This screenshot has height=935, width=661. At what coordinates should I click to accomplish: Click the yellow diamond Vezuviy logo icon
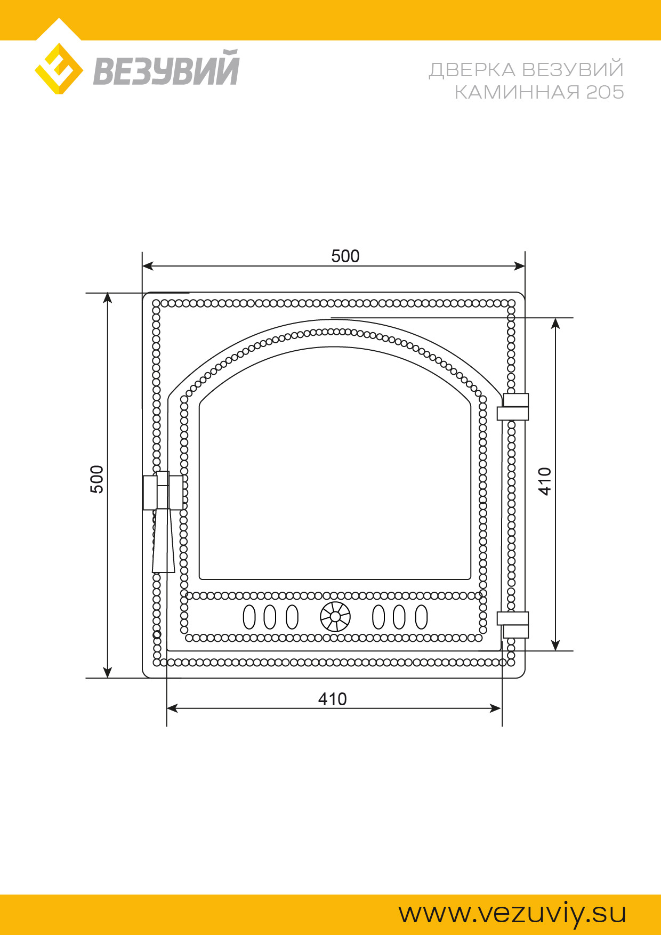coord(59,69)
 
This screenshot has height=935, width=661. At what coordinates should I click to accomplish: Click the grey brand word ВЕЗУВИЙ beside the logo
coord(166,68)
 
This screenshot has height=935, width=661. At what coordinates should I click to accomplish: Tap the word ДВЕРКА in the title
coord(472,70)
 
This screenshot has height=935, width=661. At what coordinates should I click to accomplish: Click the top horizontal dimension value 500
coord(345,256)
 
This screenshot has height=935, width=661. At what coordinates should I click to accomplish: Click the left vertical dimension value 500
coord(97,479)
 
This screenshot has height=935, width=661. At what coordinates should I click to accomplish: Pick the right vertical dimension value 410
coord(544,481)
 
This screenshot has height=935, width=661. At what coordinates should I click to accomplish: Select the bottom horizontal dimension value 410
coord(332,699)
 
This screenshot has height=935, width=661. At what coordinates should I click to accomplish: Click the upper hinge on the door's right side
coord(513,407)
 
